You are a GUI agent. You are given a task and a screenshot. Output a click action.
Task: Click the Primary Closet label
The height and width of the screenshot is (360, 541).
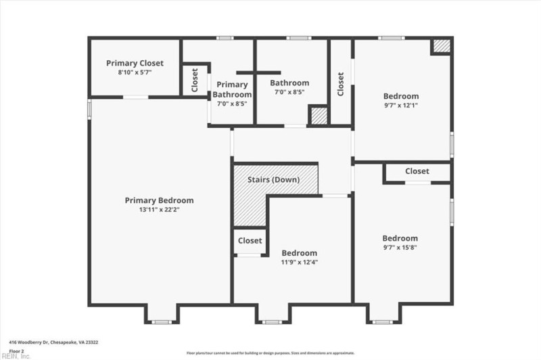tap(135, 63)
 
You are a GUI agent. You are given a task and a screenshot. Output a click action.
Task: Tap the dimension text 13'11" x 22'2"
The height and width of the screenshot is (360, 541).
tap(159, 210)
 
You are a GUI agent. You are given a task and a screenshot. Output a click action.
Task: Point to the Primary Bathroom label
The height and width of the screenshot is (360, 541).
tap(232, 90)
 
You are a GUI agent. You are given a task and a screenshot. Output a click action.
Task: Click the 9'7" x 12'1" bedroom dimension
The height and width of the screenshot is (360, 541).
tap(401, 105)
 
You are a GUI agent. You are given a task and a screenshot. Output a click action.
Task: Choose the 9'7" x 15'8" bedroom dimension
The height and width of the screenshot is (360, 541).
tap(400, 247)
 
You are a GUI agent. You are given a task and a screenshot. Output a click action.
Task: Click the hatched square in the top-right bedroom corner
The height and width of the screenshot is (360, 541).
tap(441, 46)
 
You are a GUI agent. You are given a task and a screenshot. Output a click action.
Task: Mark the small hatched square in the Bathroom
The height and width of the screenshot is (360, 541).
tap(319, 116)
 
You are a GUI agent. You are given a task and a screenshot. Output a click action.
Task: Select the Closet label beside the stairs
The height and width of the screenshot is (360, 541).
tap(250, 240)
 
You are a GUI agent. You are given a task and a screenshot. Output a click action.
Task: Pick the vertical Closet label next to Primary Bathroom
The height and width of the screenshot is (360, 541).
tap(195, 80)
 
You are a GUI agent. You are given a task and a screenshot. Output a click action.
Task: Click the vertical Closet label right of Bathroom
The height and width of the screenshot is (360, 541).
tap(341, 83)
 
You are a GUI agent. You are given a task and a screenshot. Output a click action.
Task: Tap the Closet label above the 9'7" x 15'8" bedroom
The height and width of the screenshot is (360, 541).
tap(417, 171)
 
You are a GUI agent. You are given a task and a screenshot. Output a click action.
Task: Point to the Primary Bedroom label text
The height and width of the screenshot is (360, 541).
tap(159, 200)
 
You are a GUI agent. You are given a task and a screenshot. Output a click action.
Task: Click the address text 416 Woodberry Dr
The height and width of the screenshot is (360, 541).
tap(34, 343)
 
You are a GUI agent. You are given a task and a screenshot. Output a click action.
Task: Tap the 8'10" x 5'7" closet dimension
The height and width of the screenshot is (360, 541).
tap(135, 72)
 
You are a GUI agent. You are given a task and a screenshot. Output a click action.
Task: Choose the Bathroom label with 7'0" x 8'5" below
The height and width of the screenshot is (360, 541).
tap(289, 83)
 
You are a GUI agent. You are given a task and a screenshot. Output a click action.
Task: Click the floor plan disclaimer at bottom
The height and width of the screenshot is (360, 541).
tap(270, 353)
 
